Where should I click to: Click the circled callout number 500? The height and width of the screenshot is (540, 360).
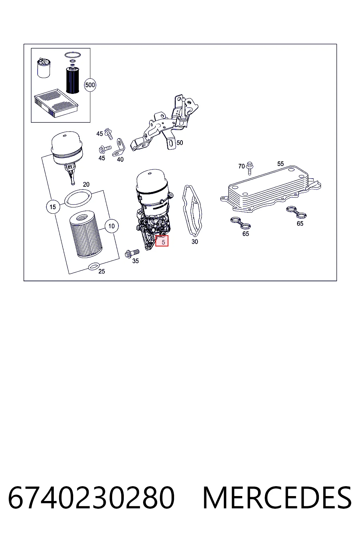click(x=90, y=85)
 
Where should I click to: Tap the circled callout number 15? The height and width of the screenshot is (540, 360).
click(x=53, y=207)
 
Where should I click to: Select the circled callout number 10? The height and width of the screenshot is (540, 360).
click(x=111, y=226)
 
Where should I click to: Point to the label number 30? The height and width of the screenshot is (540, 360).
click(x=194, y=242)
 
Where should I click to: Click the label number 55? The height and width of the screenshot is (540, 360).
click(x=281, y=164)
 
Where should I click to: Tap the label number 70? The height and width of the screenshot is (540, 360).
click(x=242, y=166)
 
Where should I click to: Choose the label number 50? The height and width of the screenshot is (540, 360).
click(x=180, y=143)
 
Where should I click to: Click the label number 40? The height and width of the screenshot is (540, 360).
click(x=120, y=159)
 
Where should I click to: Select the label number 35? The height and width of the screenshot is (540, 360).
click(x=135, y=261)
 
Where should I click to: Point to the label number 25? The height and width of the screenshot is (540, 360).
click(x=102, y=271)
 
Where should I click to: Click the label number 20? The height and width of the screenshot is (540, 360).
click(x=86, y=185)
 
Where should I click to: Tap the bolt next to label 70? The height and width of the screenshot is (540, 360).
click(x=250, y=168)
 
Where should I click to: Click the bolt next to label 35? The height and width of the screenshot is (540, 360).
click(x=132, y=253)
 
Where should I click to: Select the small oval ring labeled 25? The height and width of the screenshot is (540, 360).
click(x=94, y=266)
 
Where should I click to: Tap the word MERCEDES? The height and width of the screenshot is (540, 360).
click(x=277, y=498)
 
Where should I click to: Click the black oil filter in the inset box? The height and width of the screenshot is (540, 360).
click(x=72, y=81)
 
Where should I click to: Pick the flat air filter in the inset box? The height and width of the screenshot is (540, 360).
click(x=56, y=103)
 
